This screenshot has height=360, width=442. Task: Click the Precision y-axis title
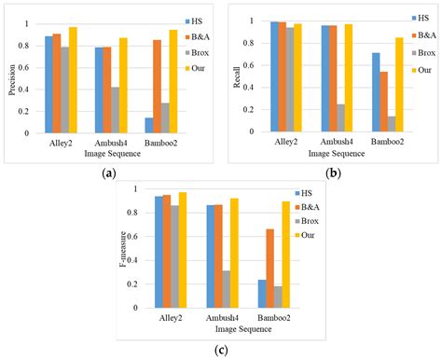[x=11, y=79]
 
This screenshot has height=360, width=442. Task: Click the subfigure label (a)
[x=109, y=172]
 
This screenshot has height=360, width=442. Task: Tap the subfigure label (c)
[x=220, y=350]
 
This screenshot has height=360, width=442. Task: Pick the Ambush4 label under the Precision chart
[x=111, y=145]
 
